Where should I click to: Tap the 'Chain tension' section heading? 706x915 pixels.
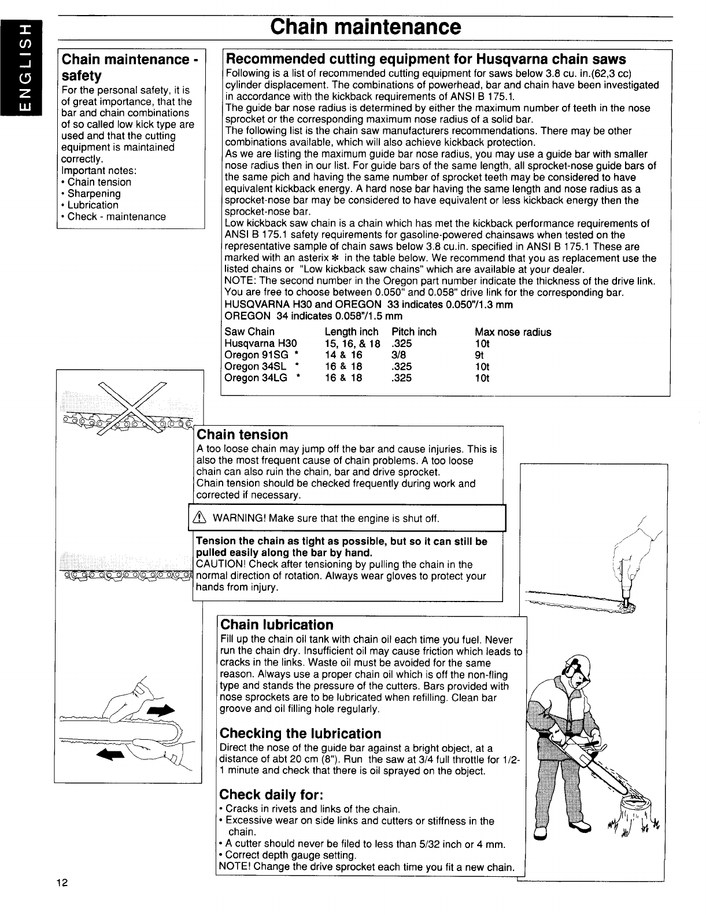(243, 434)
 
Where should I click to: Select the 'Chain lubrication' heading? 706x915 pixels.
(278, 625)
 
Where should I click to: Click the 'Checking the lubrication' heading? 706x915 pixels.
(301, 733)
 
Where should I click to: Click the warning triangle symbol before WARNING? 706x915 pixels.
(203, 518)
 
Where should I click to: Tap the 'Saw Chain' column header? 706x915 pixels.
(250, 332)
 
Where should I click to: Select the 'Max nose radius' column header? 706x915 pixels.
(513, 332)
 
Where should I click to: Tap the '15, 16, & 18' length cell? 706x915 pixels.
(353, 344)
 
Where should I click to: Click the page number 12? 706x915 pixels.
(63, 898)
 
